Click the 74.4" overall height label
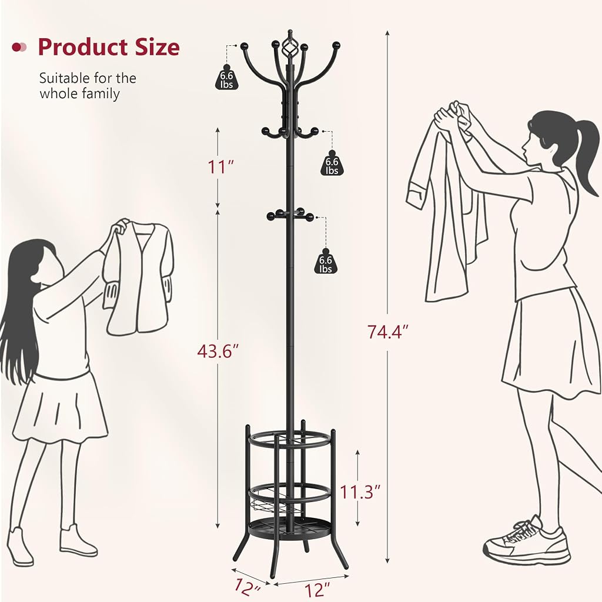(x=387, y=332)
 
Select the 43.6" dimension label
(x=218, y=350)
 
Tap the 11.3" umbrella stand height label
(x=360, y=492)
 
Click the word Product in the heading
(x=82, y=47)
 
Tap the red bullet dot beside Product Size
(x=17, y=47)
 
